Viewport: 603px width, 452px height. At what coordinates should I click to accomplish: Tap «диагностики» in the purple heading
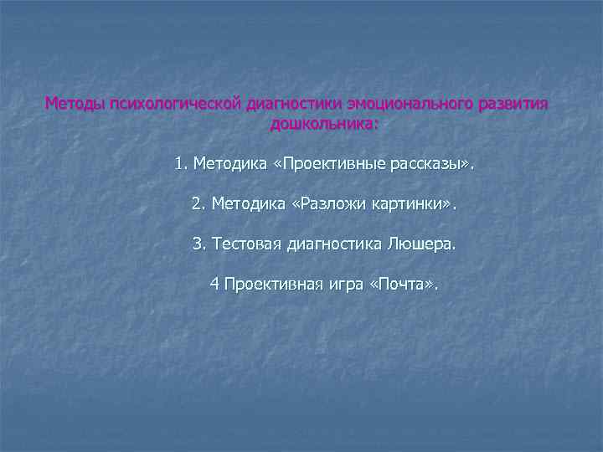[290, 105]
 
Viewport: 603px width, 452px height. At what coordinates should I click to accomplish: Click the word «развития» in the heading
[511, 105]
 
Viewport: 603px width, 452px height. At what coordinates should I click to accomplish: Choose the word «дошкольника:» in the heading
[324, 124]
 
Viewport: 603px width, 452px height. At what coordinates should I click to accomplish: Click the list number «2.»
[198, 203]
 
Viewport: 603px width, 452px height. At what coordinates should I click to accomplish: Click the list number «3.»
[199, 244]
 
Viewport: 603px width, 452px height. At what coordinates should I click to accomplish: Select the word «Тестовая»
[249, 244]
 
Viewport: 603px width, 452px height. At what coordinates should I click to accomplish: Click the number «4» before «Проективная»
[214, 285]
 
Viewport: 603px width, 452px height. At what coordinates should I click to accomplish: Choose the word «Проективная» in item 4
[274, 285]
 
